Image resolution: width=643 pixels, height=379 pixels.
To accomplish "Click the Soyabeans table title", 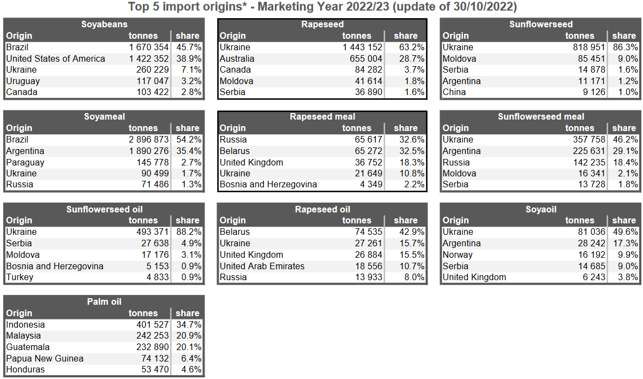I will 104,24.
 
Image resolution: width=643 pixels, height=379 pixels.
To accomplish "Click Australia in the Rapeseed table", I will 237,58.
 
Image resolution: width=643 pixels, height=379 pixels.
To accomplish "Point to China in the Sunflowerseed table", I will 454,92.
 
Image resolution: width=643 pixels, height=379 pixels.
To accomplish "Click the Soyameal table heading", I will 104,116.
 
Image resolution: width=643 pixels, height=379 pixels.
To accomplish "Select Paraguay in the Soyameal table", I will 25,162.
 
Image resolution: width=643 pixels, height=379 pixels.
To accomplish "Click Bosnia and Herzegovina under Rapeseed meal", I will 268,185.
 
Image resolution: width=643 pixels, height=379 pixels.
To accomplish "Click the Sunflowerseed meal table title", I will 541,116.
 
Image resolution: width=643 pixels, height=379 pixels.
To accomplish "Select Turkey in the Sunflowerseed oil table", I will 20,277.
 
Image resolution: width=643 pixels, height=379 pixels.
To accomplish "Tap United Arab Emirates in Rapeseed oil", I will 262,266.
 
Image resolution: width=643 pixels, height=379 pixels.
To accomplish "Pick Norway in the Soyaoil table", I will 458,254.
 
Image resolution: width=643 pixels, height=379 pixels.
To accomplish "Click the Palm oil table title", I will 104,301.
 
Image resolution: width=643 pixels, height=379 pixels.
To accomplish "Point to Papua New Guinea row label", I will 45,358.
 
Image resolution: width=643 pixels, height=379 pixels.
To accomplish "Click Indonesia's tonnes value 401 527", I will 148,325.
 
